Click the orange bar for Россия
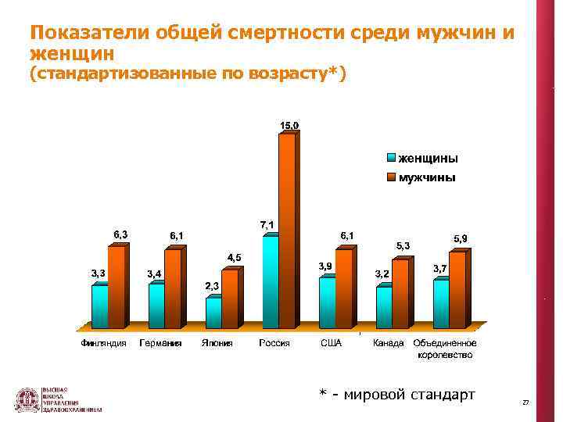pos(286,231)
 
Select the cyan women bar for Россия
pos(270,281)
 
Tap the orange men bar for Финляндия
pos(116,287)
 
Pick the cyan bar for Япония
pos(213,313)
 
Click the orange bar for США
pos(343,288)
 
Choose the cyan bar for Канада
pos(383,307)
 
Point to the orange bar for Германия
pos(172,288)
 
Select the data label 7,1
pos(267,224)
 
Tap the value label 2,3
pos(212,286)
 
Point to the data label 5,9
pos(461,238)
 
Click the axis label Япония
pos(217,343)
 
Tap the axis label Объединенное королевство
pos(444,349)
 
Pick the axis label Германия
pos(161,343)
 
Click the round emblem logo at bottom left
pos(28,399)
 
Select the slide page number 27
pos(525,402)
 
